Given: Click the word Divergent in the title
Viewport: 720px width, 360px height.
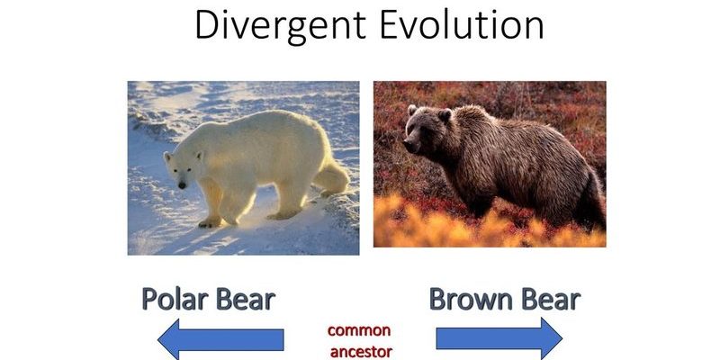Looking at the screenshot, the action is tap(281, 26).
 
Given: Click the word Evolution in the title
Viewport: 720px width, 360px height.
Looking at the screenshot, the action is tap(462, 24).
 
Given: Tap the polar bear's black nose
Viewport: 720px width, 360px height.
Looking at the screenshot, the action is tap(183, 185).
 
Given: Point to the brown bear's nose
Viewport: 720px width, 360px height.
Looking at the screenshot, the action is tap(409, 145).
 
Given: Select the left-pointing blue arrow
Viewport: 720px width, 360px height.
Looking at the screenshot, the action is tap(220, 340).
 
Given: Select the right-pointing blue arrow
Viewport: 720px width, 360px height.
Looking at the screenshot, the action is tap(499, 339).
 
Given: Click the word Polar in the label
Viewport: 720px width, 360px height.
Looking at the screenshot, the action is tap(175, 301).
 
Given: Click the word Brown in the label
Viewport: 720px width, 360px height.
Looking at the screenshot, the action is tap(464, 300).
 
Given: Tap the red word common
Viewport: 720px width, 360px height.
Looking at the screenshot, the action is tap(359, 330).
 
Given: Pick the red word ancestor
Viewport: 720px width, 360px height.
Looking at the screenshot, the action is tap(362, 352).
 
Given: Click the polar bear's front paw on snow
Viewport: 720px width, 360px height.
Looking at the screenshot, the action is tap(210, 222).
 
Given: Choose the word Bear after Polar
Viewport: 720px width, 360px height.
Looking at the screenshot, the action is tap(246, 300).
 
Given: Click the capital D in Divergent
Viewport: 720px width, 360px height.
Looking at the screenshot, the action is tap(206, 24).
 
